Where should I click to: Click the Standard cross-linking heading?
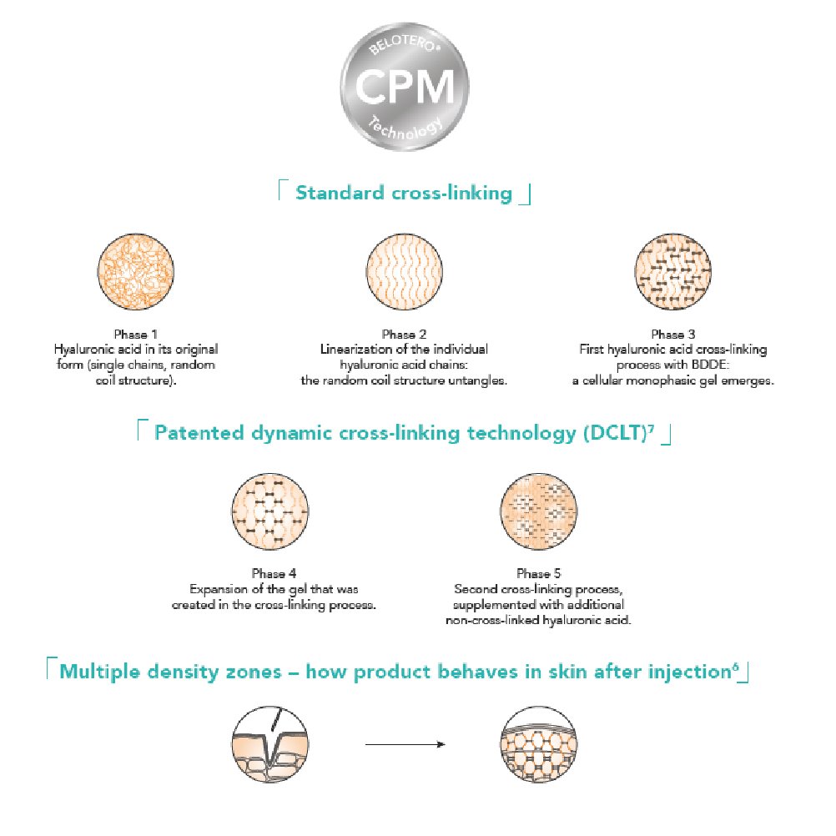click(404, 194)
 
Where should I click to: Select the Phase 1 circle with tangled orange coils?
click(136, 273)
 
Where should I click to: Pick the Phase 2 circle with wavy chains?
click(404, 273)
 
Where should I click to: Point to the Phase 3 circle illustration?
click(672, 273)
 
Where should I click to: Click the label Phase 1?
click(136, 335)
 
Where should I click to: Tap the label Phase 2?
click(404, 335)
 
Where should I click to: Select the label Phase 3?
click(672, 335)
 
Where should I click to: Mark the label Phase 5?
click(539, 573)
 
